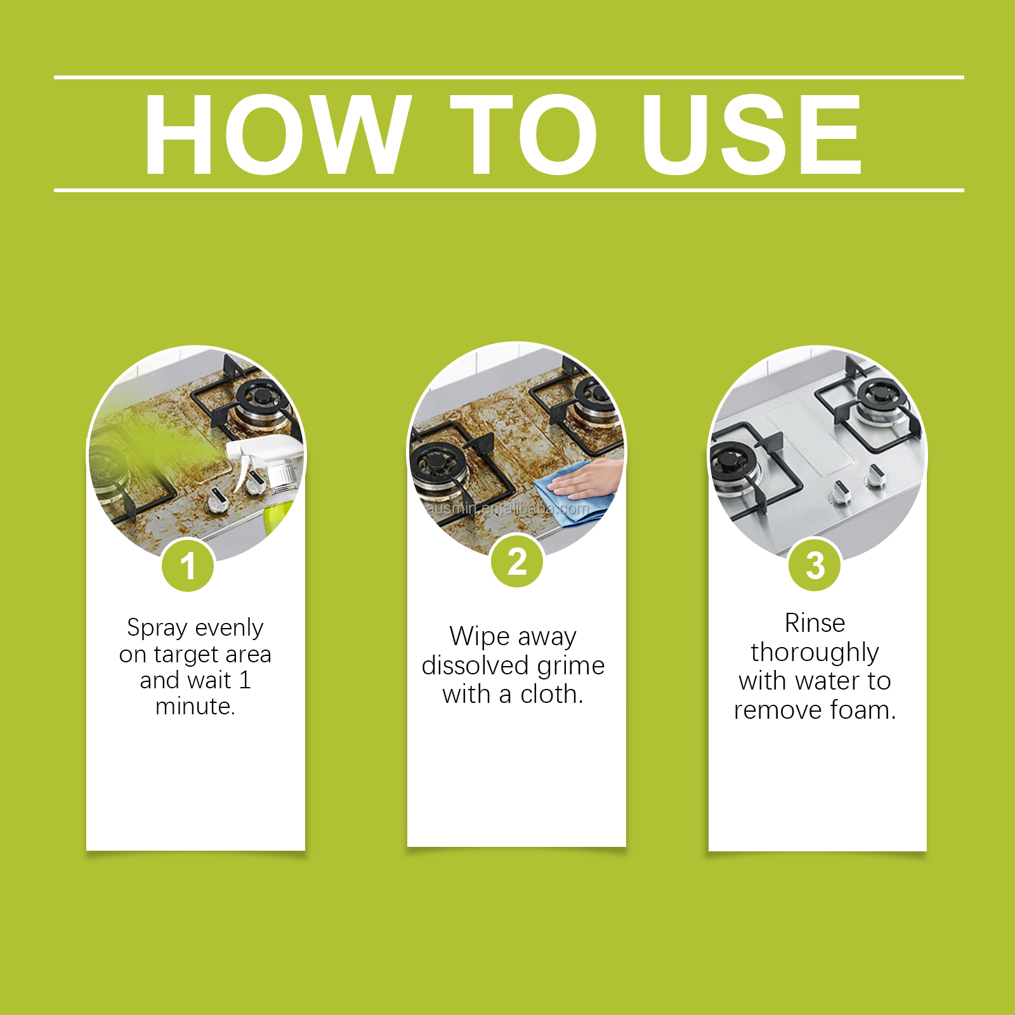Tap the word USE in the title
[x=752, y=134]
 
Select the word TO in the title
[x=524, y=134]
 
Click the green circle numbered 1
[x=188, y=565]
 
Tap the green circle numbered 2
[x=517, y=561]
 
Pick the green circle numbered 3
[x=815, y=565]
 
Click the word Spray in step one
[x=157, y=628]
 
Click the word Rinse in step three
[x=815, y=623]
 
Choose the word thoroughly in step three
[x=815, y=653]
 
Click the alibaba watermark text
[x=507, y=509]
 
